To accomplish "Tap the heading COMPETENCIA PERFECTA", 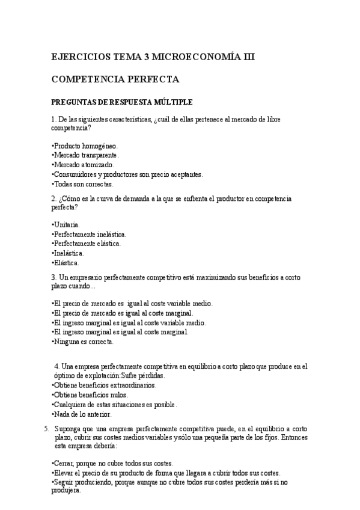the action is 115,79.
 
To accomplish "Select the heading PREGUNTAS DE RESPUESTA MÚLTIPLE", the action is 122,102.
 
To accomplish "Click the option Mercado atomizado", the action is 83,165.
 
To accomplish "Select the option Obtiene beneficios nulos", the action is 88,395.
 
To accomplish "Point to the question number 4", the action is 56,366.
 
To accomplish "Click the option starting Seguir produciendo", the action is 170,482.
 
